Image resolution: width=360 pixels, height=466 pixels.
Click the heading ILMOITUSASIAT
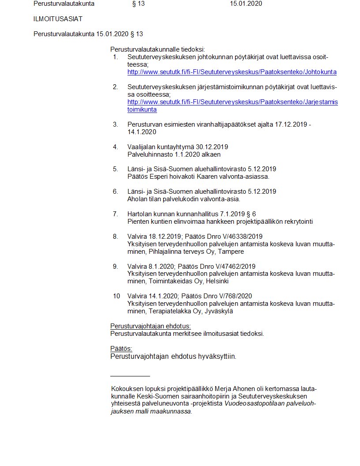[x=58, y=19]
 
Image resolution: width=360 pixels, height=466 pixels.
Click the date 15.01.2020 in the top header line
[x=246, y=4]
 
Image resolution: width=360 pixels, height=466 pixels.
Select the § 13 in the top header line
[x=138, y=4]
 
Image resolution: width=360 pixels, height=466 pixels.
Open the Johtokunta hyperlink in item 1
[x=232, y=72]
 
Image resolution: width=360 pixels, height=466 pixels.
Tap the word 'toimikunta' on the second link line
[x=142, y=109]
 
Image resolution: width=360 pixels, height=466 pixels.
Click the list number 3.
[x=116, y=124]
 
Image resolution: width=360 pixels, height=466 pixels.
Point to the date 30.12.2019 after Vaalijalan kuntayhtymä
[x=212, y=147]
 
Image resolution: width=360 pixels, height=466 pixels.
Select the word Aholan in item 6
[x=136, y=199]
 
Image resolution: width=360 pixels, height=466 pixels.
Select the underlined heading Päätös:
[x=121, y=349]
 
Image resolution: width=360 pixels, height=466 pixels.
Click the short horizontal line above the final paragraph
[x=130, y=376]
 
